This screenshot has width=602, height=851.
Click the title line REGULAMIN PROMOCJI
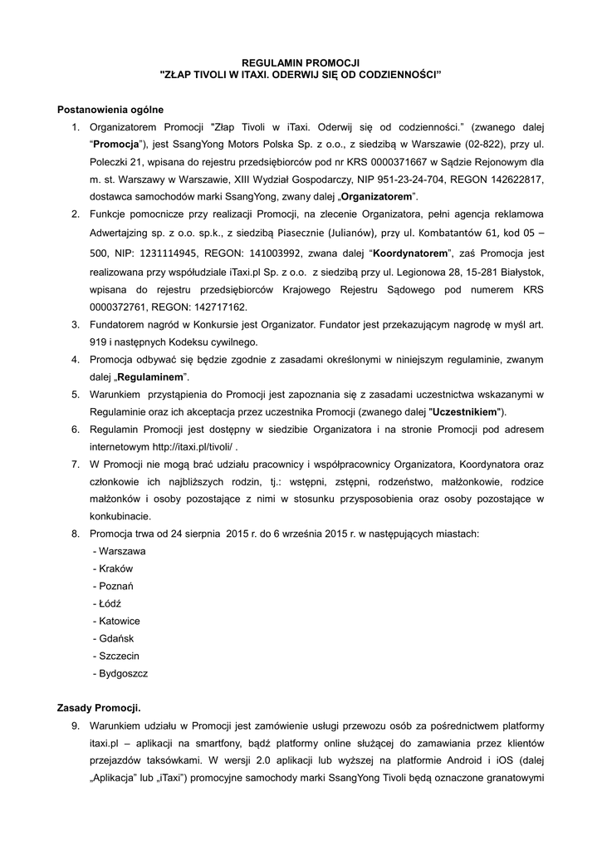[300, 62]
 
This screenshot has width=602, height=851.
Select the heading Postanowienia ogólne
[110, 109]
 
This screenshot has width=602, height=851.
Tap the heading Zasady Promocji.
[99, 708]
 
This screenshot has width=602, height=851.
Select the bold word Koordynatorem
[410, 253]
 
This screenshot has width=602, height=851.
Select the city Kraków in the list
[115, 568]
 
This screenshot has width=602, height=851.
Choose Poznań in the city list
[117, 586]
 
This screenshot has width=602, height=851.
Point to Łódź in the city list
[110, 603]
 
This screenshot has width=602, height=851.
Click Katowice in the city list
[119, 621]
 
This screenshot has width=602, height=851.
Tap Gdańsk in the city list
[115, 638]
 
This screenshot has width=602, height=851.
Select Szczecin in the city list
[119, 656]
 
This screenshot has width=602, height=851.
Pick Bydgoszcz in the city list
[123, 673]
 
